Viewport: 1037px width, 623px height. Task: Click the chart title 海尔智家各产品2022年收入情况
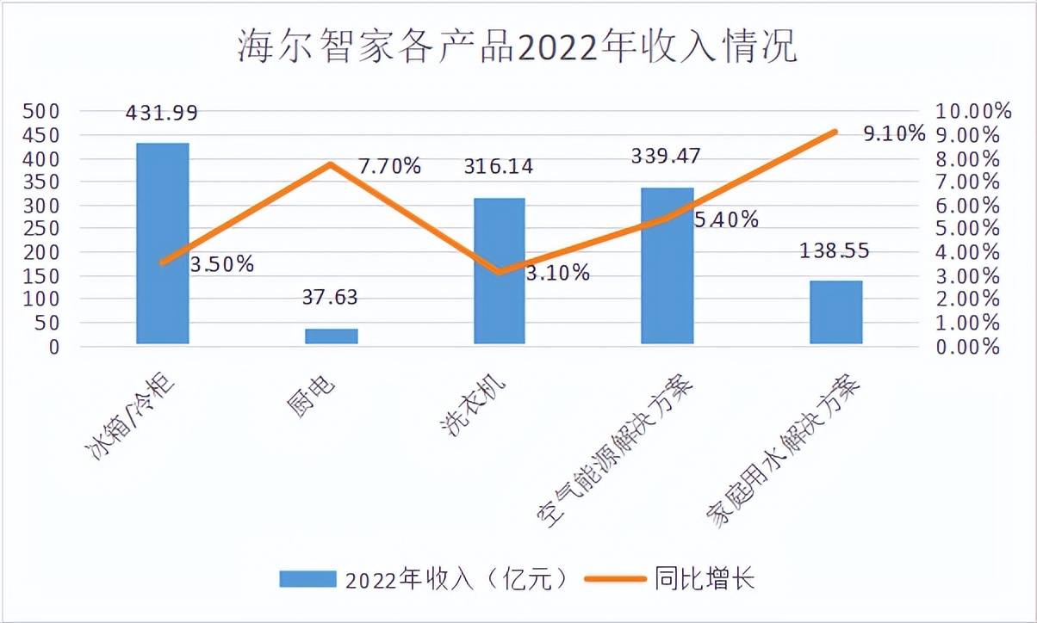point(518,47)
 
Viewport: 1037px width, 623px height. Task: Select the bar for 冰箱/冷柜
point(163,244)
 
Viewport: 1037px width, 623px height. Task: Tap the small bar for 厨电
point(332,336)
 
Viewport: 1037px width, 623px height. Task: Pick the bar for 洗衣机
point(500,272)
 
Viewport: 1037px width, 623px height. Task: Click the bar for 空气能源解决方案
point(668,267)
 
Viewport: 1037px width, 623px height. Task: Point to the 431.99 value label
point(162,113)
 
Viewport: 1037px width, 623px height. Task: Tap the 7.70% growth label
point(389,166)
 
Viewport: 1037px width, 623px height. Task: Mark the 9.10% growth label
point(894,134)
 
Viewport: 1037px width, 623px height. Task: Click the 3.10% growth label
point(558,274)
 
